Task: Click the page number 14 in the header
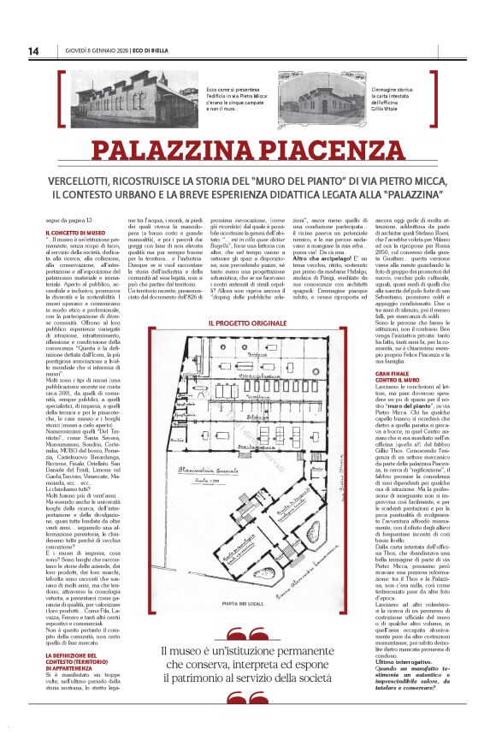[33, 51]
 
